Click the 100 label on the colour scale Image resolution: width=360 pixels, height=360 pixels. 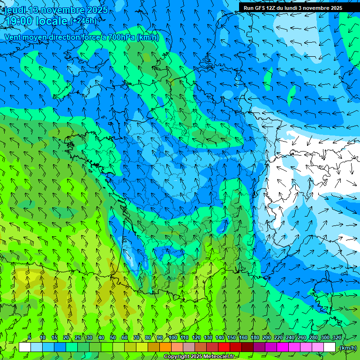click(x=173, y=337)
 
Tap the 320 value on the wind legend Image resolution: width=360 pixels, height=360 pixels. click(x=337, y=337)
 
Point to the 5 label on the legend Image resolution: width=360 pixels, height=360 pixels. click(x=30, y=337)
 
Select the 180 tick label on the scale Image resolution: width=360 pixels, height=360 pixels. click(x=255, y=337)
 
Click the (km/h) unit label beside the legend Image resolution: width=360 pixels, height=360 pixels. click(x=347, y=348)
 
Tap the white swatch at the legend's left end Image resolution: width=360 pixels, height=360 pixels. click(x=25, y=347)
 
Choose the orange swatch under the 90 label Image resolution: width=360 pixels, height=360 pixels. click(x=165, y=347)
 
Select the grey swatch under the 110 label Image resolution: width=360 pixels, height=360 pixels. click(x=189, y=347)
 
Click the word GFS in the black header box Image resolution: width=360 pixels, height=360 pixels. click(x=261, y=8)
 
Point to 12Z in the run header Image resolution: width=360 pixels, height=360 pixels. click(x=274, y=8)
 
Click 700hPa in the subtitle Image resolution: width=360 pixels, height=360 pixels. click(x=122, y=37)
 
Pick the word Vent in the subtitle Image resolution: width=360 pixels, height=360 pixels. click(x=13, y=37)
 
